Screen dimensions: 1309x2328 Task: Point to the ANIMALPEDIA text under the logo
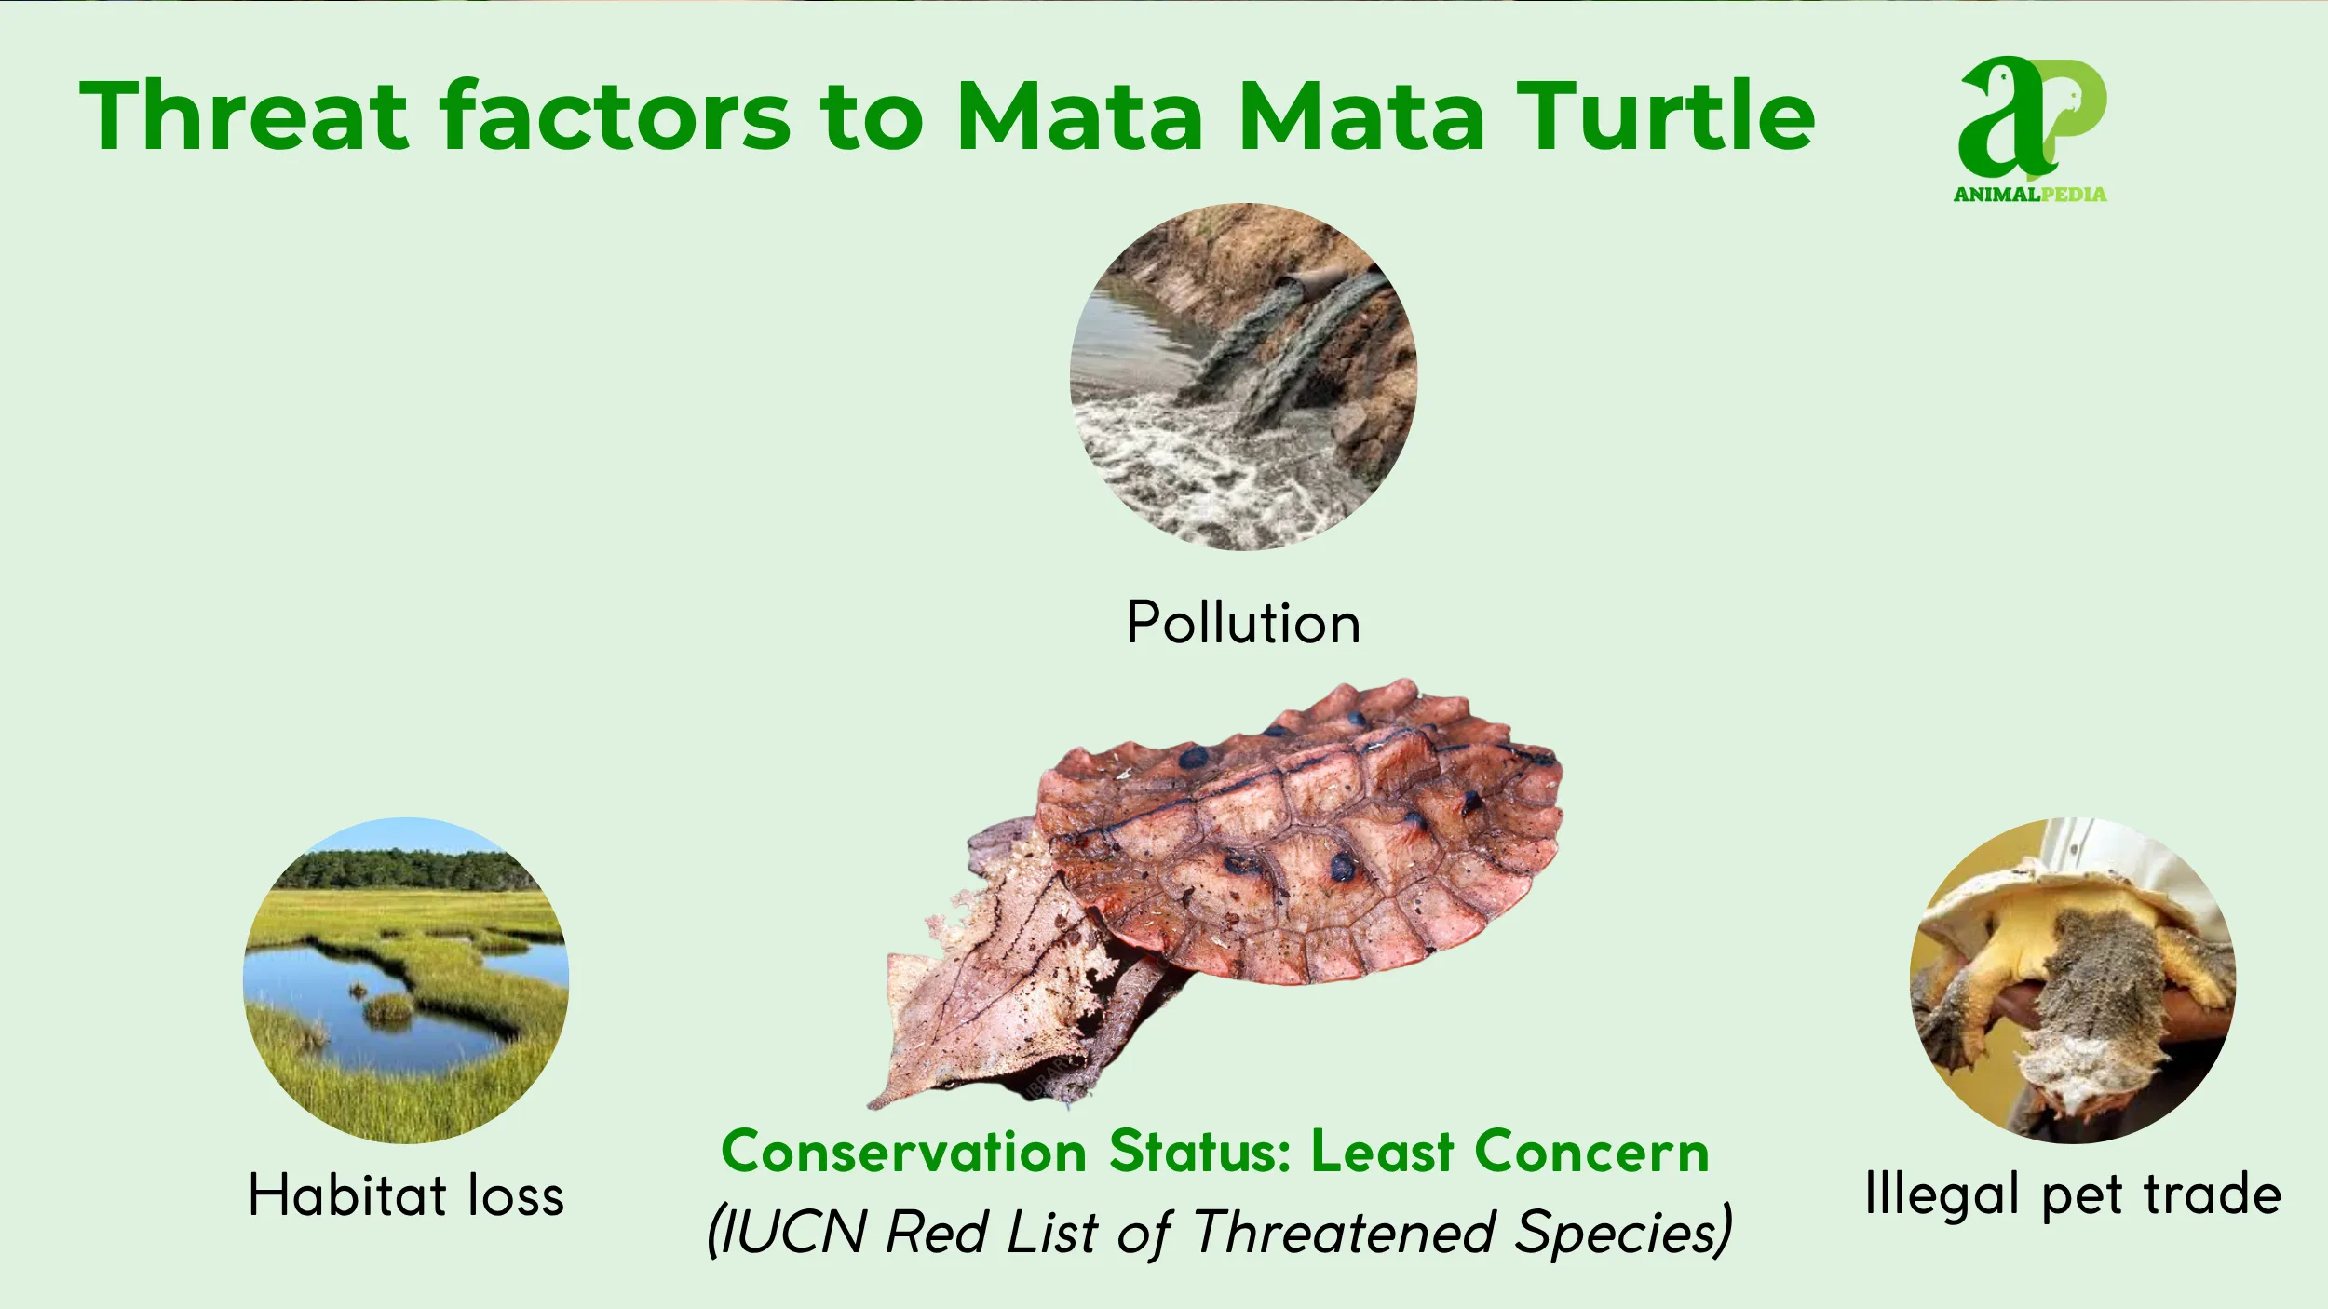pyautogui.click(x=2030, y=195)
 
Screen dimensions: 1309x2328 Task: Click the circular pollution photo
pyautogui.click(x=1243, y=377)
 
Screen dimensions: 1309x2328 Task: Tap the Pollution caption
pyautogui.click(x=1243, y=623)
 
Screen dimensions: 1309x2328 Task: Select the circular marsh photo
pyautogui.click(x=406, y=980)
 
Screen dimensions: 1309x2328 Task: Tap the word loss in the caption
pyautogui.click(x=516, y=1195)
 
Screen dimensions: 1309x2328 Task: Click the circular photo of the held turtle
pyautogui.click(x=2073, y=980)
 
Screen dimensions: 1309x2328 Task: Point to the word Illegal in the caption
pyautogui.click(x=1942, y=1195)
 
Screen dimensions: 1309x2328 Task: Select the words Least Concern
pyautogui.click(x=1509, y=1153)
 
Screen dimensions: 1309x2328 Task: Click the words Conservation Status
pyautogui.click(x=1006, y=1153)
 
